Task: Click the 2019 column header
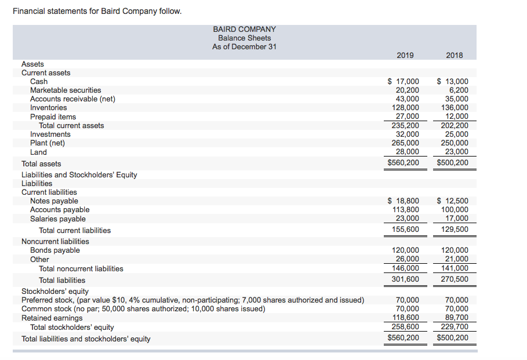point(405,55)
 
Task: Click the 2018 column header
point(455,55)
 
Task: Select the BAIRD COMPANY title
point(244,29)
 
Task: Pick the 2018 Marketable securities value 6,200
point(459,90)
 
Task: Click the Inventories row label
point(48,108)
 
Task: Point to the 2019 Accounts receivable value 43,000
point(406,99)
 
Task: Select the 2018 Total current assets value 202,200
point(455,125)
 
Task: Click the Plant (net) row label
point(48,143)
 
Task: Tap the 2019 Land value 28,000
point(406,152)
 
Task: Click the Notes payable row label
point(54,201)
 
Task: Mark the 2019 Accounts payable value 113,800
point(405,210)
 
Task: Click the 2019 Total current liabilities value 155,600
point(405,230)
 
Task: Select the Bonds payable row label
point(55,250)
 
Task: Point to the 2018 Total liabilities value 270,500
point(455,279)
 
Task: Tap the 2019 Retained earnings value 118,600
point(405,318)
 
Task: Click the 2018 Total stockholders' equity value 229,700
point(455,327)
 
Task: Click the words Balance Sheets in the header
point(244,38)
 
